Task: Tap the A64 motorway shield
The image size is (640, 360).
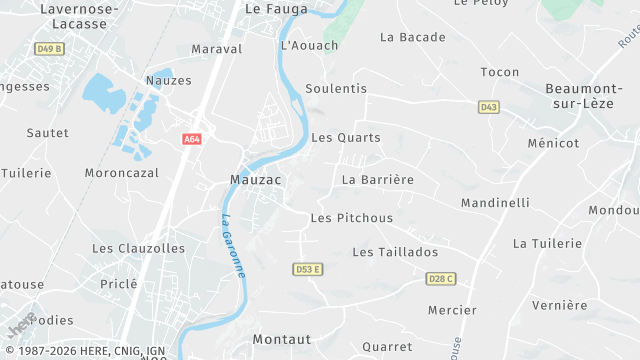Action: pyautogui.click(x=192, y=140)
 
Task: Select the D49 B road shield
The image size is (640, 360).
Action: pyautogui.click(x=48, y=48)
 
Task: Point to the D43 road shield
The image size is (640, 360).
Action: pyautogui.click(x=488, y=107)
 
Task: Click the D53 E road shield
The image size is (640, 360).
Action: pyautogui.click(x=309, y=270)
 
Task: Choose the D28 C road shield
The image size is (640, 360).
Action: pyautogui.click(x=440, y=278)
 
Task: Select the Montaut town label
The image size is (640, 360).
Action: pyautogui.click(x=282, y=339)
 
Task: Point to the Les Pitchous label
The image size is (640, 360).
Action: pyautogui.click(x=351, y=218)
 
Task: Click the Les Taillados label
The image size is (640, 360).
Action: pyautogui.click(x=395, y=252)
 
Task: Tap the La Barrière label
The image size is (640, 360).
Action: pyautogui.click(x=377, y=180)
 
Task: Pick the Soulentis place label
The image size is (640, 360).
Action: pyautogui.click(x=336, y=89)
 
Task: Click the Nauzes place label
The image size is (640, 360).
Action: pyautogui.click(x=168, y=80)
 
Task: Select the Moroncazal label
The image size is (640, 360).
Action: pyautogui.click(x=122, y=173)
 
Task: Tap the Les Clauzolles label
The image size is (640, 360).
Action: pyautogui.click(x=138, y=248)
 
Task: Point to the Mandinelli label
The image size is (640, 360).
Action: pyautogui.click(x=495, y=203)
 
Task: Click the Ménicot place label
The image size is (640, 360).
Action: pyautogui.click(x=553, y=143)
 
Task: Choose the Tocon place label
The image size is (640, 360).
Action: pyautogui.click(x=500, y=72)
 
